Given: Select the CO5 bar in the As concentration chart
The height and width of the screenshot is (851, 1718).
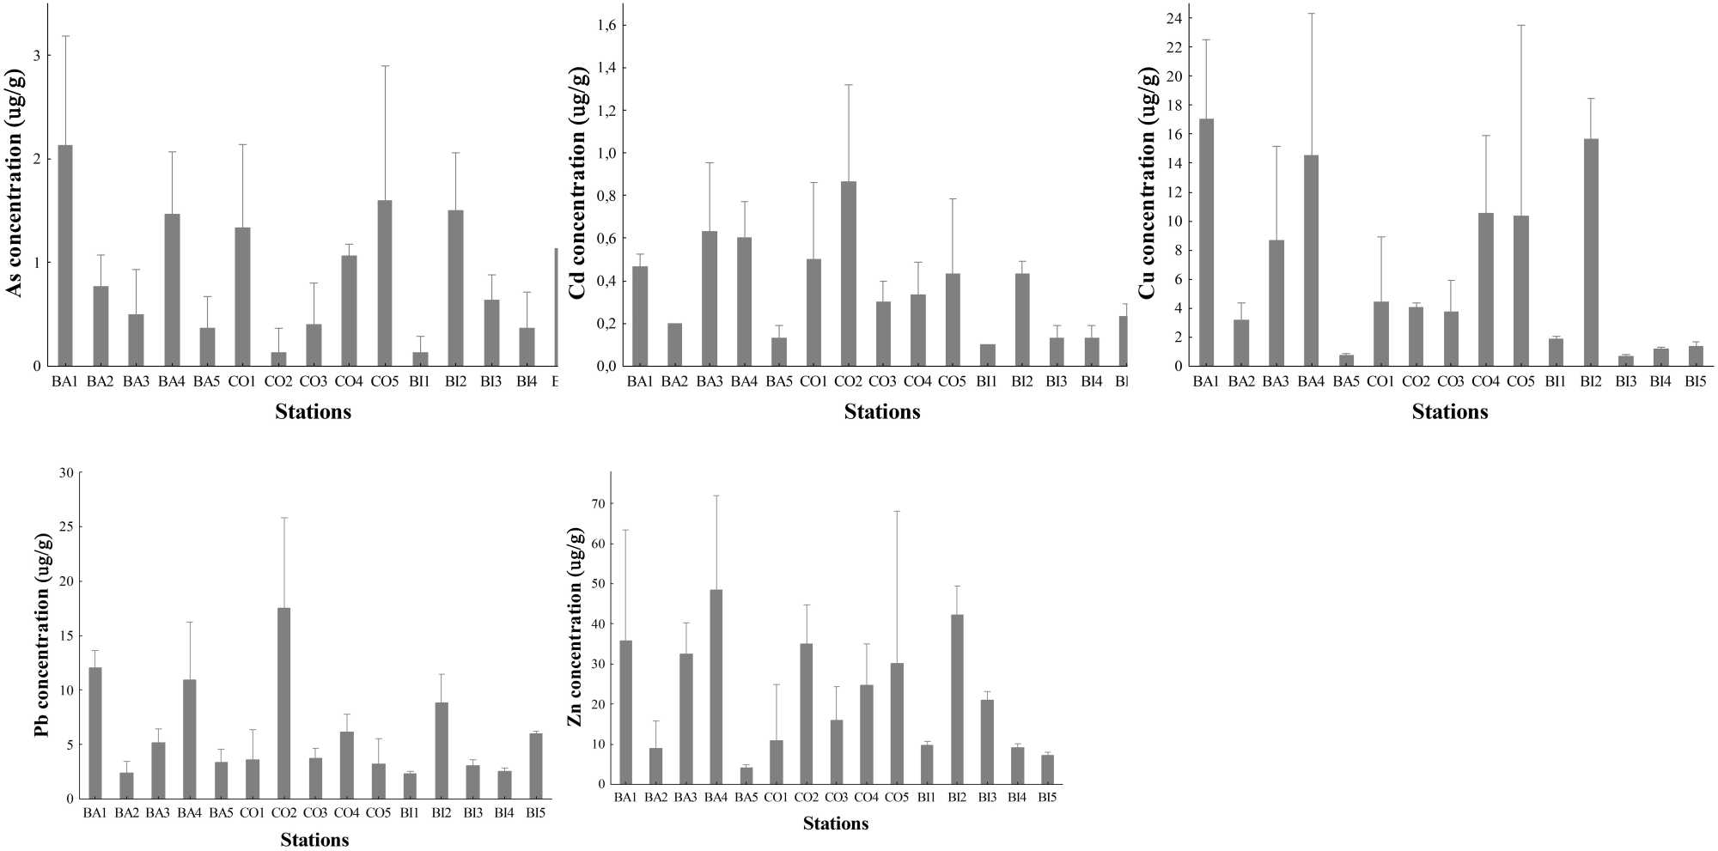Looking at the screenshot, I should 385,283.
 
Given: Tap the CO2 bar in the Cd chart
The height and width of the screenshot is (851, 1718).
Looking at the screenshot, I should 848,274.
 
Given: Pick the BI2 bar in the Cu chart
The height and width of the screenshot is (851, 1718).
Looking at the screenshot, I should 1591,252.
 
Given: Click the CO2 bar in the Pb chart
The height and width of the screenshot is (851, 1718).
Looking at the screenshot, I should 284,703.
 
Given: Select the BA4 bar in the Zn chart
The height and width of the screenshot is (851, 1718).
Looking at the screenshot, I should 716,687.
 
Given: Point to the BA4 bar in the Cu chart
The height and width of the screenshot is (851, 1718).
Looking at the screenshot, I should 1311,261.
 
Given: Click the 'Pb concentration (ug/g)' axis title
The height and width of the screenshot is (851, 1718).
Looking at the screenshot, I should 43,635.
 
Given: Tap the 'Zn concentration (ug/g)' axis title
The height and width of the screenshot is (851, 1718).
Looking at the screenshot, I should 575,627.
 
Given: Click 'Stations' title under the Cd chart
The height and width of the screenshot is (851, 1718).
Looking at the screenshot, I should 882,412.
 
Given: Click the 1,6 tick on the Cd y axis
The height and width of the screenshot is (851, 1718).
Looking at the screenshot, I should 606,25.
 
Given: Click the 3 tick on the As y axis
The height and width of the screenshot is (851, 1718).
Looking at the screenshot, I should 37,55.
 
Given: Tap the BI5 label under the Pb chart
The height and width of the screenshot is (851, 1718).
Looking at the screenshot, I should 535,812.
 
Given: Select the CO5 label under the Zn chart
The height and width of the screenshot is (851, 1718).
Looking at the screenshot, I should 897,798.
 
